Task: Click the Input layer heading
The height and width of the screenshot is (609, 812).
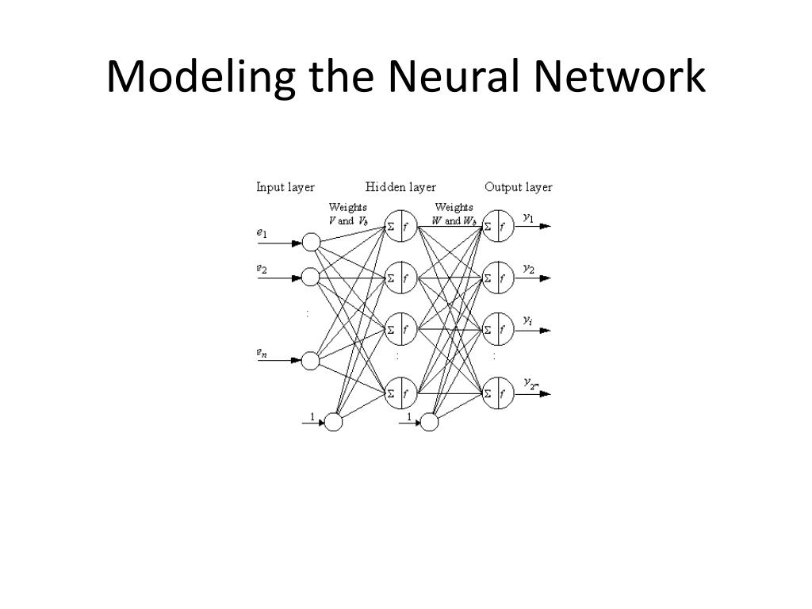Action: point(285,188)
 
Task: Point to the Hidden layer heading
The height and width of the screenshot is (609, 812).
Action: point(400,188)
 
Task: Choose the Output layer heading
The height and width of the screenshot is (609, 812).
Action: point(519,188)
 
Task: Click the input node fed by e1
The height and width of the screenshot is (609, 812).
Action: point(311,243)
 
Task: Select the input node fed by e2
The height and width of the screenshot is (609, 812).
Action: point(311,278)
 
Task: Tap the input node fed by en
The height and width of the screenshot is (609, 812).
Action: point(311,361)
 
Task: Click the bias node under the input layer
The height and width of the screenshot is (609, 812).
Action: point(334,423)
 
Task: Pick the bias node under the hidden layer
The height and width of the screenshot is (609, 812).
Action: point(430,423)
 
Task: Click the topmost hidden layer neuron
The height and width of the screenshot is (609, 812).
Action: point(400,226)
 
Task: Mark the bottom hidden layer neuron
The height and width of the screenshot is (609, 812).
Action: point(400,392)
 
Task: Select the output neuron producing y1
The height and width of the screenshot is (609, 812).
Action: point(497,226)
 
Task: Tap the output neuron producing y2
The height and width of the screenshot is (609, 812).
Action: point(497,278)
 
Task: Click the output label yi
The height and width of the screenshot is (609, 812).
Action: point(528,320)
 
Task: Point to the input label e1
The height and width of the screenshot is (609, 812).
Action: point(262,233)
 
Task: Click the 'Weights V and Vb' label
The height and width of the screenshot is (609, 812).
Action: point(348,214)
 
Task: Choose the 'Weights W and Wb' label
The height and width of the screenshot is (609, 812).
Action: point(454,214)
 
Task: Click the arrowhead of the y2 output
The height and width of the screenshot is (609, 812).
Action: point(545,278)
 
